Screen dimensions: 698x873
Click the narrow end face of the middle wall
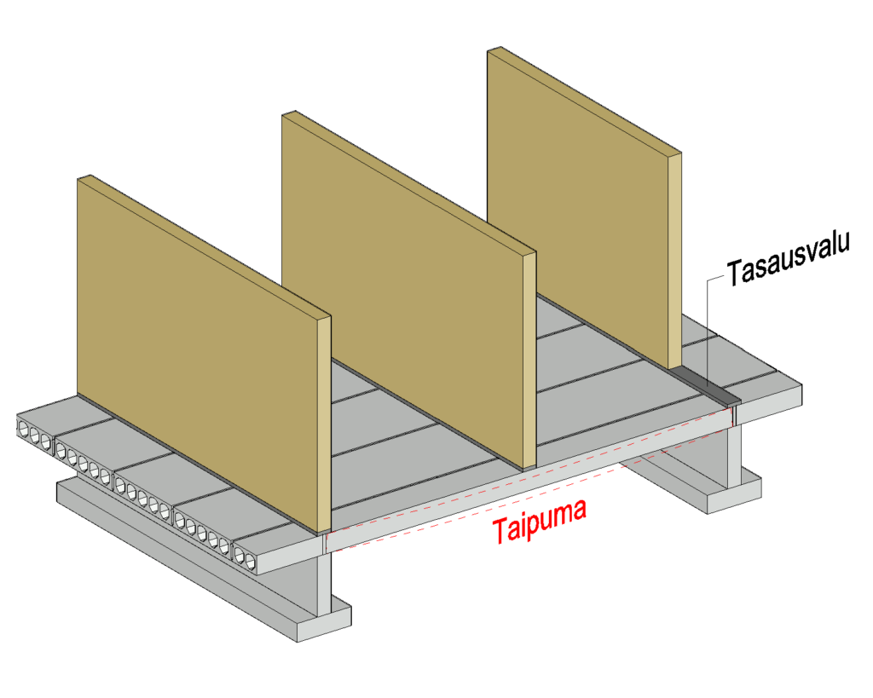pyautogui.click(x=529, y=358)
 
